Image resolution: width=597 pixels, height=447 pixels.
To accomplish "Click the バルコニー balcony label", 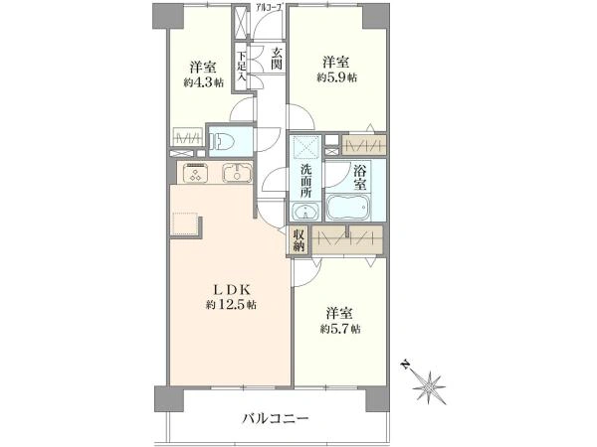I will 275,418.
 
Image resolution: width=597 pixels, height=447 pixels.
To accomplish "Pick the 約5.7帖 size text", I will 340,328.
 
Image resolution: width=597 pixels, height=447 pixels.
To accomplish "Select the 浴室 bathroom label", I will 360,179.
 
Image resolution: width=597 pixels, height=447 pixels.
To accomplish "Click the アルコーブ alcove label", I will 269,8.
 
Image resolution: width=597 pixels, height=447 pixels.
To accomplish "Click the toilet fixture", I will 223,140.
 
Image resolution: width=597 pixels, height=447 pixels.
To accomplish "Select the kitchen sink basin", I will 237,173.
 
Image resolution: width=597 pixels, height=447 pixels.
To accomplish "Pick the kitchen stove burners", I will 195,173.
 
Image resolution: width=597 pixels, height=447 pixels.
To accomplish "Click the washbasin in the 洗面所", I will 305,211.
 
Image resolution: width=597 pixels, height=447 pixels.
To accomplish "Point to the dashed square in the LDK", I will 186,223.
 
